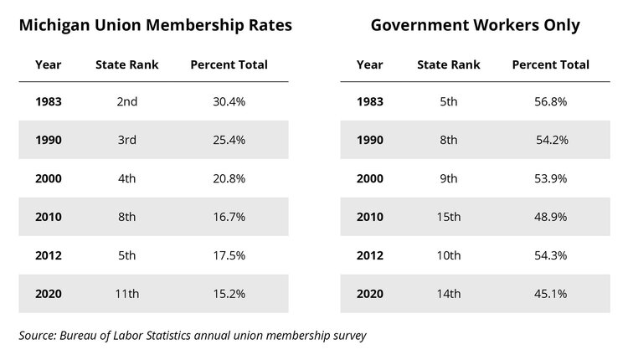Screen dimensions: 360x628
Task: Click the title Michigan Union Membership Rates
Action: click(155, 25)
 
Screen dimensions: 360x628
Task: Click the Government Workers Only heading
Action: click(475, 25)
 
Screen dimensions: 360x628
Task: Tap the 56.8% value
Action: click(551, 101)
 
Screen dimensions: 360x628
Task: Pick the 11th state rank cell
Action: click(126, 293)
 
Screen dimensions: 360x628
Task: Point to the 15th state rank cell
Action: click(448, 216)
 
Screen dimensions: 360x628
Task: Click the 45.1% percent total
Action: click(551, 293)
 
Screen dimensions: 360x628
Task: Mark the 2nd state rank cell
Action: click(126, 101)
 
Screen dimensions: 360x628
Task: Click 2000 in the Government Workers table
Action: click(370, 178)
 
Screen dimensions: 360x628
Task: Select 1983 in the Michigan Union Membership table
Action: click(49, 101)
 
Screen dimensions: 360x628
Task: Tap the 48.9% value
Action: click(551, 216)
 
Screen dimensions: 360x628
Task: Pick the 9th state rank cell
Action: click(448, 178)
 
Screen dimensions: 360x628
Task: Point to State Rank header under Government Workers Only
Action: click(448, 64)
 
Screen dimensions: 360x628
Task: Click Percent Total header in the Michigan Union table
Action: click(229, 64)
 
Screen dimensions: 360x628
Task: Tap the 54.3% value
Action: click(551, 255)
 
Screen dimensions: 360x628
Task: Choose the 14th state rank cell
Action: click(448, 293)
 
